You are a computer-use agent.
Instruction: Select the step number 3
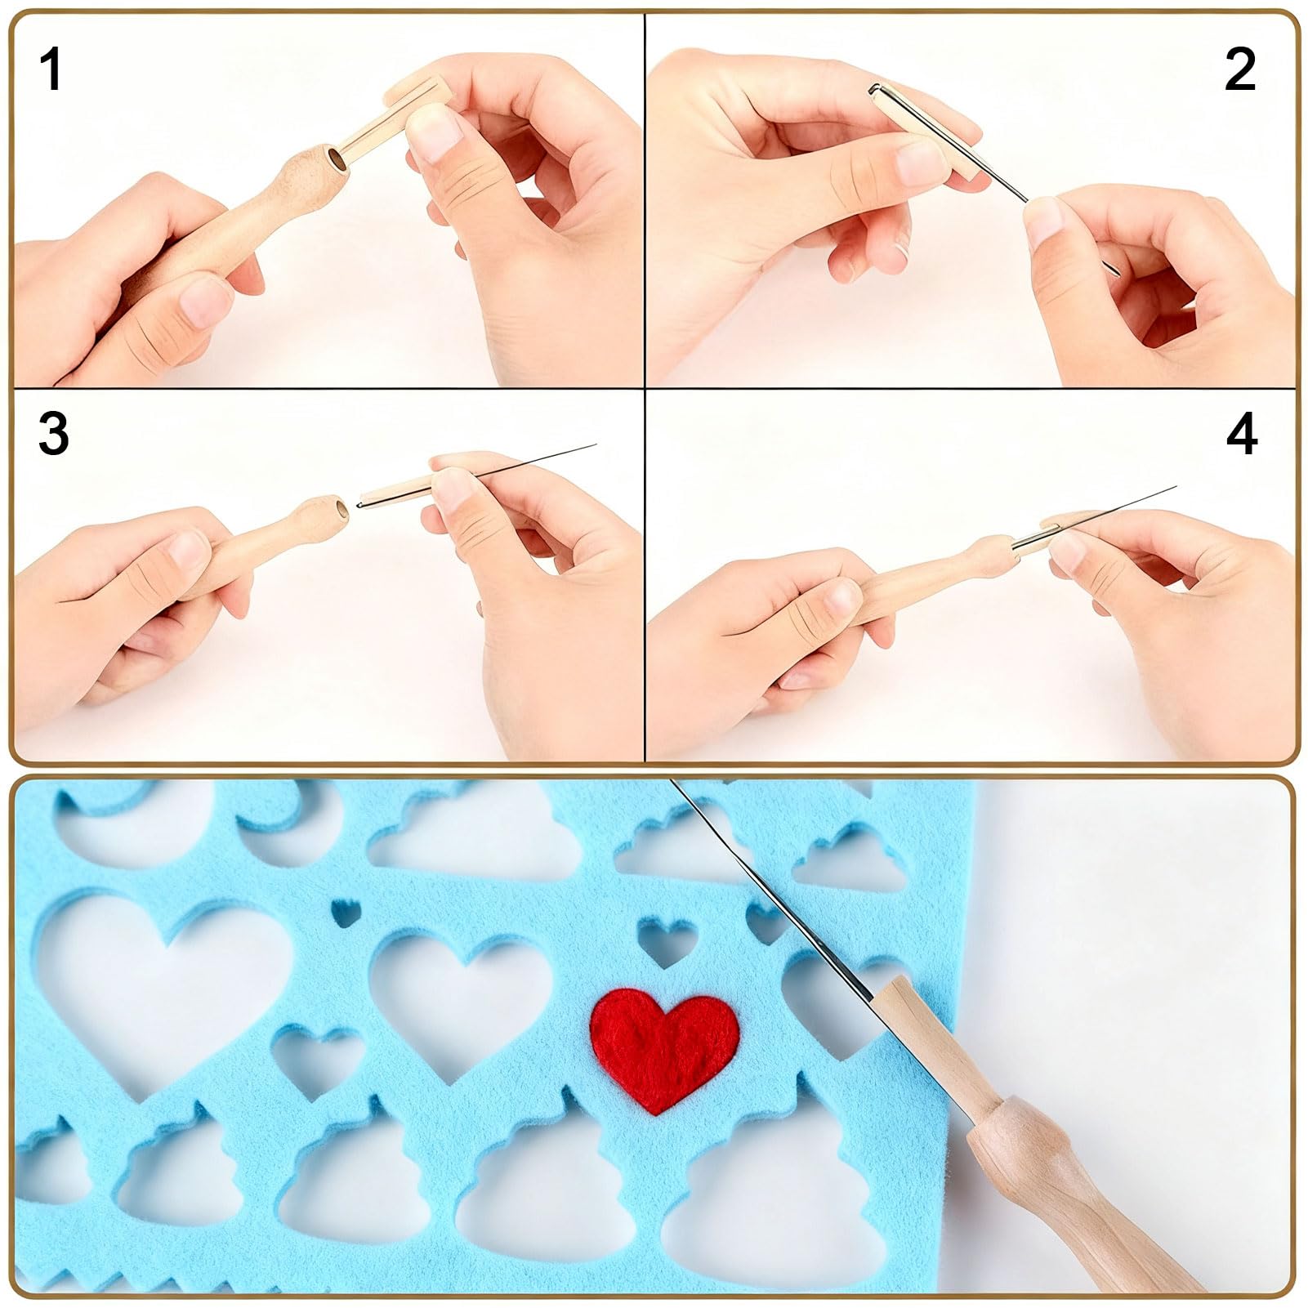click(x=53, y=433)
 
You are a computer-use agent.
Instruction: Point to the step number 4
click(x=1242, y=434)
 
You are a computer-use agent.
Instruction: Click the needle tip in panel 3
click(x=596, y=445)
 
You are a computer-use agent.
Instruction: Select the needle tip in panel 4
click(x=1174, y=488)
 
